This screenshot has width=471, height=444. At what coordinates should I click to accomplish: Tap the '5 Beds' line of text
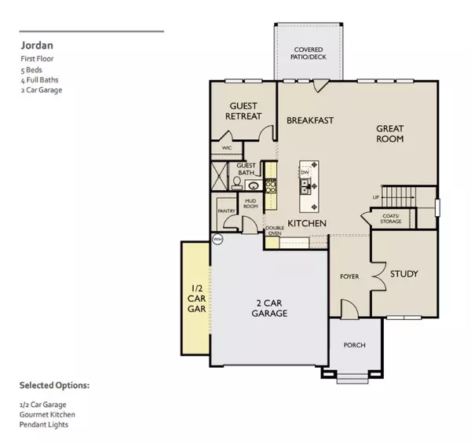tap(32, 69)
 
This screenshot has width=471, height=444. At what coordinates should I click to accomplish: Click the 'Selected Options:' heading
tap(54, 386)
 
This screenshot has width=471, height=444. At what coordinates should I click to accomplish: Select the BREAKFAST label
tap(310, 120)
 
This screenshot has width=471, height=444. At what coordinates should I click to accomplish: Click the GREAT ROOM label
tap(389, 133)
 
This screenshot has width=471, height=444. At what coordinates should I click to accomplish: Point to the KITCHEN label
tap(306, 224)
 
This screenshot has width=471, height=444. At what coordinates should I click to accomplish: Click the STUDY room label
tap(403, 273)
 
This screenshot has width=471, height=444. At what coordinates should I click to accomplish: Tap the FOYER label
tap(349, 277)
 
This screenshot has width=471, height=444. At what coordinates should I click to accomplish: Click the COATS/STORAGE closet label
tap(391, 218)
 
